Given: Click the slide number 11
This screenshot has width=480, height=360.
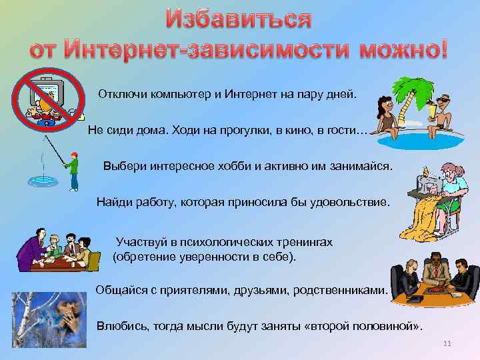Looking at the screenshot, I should pyautogui.click(x=447, y=343).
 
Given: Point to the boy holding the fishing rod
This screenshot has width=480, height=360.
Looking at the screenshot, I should pyautogui.click(x=73, y=170).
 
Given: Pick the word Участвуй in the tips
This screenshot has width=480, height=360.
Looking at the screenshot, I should pyautogui.click(x=139, y=241).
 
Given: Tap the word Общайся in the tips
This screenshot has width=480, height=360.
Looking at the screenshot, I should pyautogui.click(x=119, y=290).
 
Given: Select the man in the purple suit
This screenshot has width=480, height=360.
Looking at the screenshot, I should pyautogui.click(x=29, y=250).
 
